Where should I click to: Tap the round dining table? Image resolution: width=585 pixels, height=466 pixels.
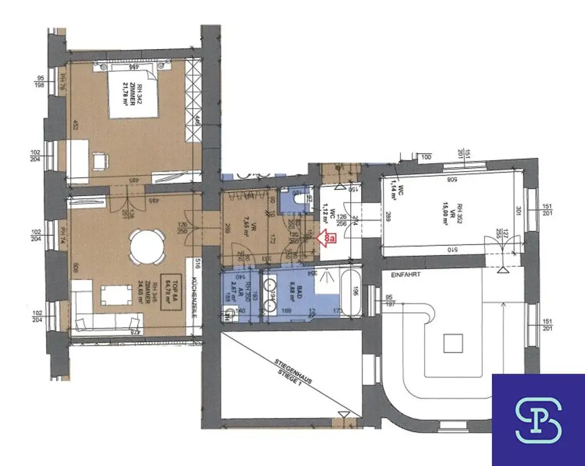pos(147,246)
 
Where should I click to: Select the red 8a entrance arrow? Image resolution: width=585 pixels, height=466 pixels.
pos(325,239)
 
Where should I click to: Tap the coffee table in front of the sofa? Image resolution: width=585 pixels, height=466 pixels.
pos(113,295)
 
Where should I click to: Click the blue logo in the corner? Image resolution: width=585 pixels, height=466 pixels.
pos(538,420)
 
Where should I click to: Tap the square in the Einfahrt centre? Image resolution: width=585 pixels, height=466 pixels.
pos(454,343)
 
